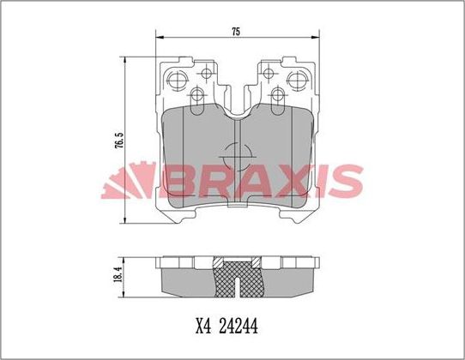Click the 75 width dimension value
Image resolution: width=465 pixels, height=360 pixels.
(235, 32)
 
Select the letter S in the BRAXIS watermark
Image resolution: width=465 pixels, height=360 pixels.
(341, 181)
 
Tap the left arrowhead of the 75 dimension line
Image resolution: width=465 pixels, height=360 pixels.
(158, 38)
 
